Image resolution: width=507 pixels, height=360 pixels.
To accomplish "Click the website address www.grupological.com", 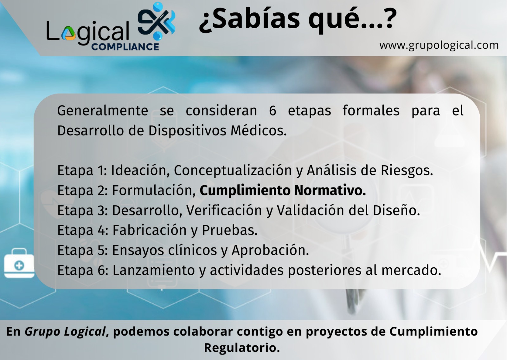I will click(x=439, y=45).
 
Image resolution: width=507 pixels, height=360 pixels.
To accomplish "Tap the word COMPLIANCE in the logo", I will click(x=125, y=47).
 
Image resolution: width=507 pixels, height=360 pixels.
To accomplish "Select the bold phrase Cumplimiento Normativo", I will click(x=283, y=190).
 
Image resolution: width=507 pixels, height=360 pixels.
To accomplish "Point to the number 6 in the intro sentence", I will click(x=273, y=111).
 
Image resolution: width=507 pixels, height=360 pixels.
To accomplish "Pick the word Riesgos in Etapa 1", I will click(x=407, y=170).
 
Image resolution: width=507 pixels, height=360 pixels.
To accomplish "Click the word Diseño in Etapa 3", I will click(x=396, y=210).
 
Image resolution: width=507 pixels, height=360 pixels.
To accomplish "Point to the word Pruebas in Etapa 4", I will click(x=229, y=230).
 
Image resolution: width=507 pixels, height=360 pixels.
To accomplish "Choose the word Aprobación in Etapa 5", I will click(x=270, y=250).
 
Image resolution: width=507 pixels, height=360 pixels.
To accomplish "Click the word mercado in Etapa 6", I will click(x=411, y=270).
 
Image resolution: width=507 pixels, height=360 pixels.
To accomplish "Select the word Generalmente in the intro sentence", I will click(x=103, y=111).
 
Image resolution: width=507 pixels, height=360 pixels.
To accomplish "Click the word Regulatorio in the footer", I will click(x=242, y=348).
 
